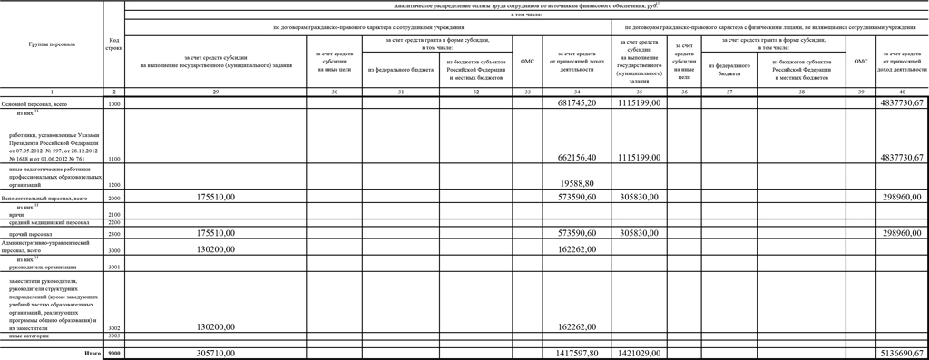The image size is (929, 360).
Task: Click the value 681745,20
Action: click(x=572, y=104)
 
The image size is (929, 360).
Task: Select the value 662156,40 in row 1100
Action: click(x=572, y=157)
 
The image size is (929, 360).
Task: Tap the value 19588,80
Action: click(x=572, y=183)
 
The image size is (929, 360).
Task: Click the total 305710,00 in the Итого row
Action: click(x=215, y=353)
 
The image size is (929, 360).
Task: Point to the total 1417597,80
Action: click(x=572, y=353)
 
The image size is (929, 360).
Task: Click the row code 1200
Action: click(x=113, y=184)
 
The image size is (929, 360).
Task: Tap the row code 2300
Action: click(x=113, y=233)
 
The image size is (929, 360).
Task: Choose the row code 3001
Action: click(x=113, y=267)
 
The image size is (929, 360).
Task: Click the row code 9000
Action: click(x=113, y=353)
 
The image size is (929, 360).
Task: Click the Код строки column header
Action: click(x=113, y=44)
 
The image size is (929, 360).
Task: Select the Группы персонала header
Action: click(x=52, y=44)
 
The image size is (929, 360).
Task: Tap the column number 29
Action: click(x=215, y=92)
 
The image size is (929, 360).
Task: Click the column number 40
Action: click(x=901, y=92)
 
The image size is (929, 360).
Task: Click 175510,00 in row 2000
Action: click(x=215, y=196)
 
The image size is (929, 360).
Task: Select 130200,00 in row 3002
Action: click(x=215, y=326)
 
